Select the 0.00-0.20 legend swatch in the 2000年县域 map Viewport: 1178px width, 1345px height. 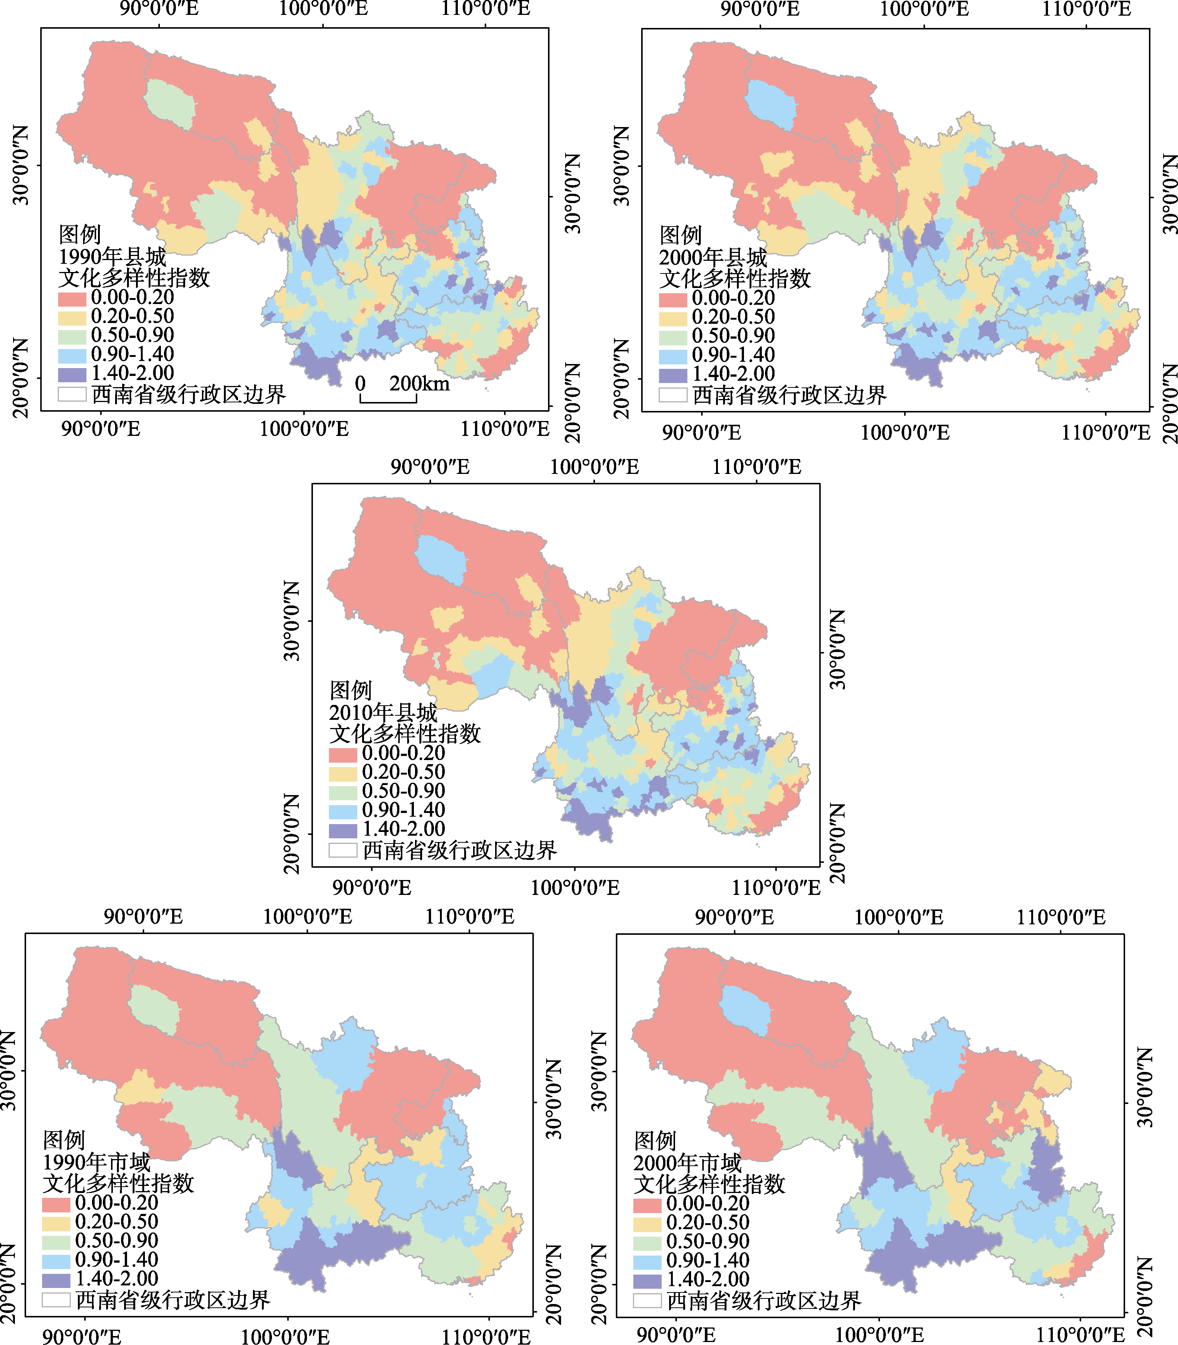click(x=673, y=300)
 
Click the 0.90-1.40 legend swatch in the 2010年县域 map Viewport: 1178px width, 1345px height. click(x=343, y=811)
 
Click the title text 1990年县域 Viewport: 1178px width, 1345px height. click(x=113, y=256)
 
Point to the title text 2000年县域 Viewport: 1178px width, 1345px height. click(x=713, y=257)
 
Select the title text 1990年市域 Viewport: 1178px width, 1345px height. click(x=96, y=1162)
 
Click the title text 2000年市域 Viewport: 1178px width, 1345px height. click(x=688, y=1163)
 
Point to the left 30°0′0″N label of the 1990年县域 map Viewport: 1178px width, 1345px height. click(x=21, y=165)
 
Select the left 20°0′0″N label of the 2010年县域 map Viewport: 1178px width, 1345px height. click(x=292, y=833)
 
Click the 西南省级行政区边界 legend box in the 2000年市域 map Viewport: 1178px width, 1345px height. click(x=647, y=1300)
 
